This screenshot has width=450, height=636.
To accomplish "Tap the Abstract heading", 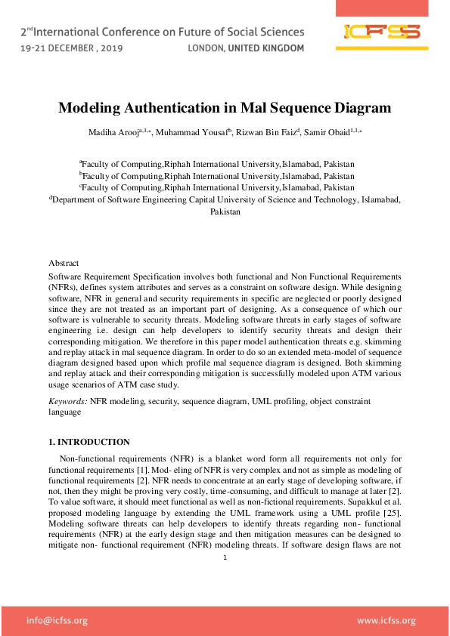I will coord(64,263).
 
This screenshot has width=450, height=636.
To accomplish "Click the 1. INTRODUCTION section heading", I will coord(89,442).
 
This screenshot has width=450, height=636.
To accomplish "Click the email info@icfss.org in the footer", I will coord(57,621).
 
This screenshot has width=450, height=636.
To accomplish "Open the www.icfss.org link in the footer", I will coord(386,621).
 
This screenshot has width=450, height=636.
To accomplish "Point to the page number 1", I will coord(225,558).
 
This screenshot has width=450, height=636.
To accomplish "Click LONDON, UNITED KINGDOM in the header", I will coord(245,48).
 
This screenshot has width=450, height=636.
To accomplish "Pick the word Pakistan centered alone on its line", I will coord(225,212).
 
